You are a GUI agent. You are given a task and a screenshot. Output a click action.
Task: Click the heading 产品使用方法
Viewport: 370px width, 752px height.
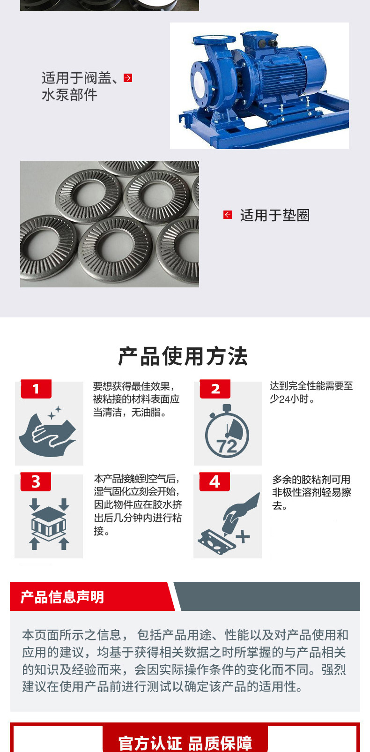click(183, 356)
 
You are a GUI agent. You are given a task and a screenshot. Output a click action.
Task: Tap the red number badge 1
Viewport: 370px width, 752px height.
click(36, 389)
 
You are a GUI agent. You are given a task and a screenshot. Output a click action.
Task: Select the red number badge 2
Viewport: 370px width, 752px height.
click(215, 389)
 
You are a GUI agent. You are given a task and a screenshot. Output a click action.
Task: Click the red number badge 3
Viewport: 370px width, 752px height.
click(36, 482)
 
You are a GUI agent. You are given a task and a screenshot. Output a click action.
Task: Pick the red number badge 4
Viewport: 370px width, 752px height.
click(215, 482)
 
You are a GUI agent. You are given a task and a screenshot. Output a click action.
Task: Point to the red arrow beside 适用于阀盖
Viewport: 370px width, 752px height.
click(128, 78)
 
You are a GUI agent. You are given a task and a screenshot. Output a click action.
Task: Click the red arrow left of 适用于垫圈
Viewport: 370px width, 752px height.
click(228, 215)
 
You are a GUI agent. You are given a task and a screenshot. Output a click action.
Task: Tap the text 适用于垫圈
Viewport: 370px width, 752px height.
click(275, 215)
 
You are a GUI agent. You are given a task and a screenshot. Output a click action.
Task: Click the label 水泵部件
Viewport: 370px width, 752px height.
click(69, 95)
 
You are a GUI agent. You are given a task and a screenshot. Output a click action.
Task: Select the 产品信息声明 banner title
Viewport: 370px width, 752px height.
click(62, 597)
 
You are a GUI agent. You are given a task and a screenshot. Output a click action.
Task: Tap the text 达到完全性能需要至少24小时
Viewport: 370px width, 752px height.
click(311, 392)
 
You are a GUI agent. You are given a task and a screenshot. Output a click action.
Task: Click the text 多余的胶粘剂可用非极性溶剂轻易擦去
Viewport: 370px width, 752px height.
click(311, 492)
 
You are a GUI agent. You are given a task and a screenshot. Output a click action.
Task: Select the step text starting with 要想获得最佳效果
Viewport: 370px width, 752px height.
click(136, 399)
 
